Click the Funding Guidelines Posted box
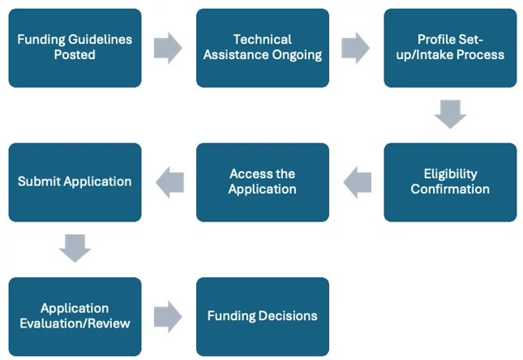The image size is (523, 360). click(x=75, y=48)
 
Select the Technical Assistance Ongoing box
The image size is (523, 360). click(x=263, y=48)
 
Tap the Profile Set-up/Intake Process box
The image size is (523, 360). click(x=450, y=48)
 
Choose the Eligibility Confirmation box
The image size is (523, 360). click(x=450, y=182)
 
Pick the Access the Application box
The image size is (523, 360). click(x=263, y=182)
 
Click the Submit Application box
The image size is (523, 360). click(x=75, y=182)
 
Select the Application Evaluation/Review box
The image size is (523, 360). click(x=75, y=316)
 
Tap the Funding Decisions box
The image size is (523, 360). click(x=263, y=316)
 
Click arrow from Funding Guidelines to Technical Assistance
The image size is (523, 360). click(x=168, y=48)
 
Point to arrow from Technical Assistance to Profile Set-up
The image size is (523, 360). click(x=356, y=48)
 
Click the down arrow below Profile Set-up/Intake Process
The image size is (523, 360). click(x=450, y=114)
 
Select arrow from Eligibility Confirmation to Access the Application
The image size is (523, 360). click(x=356, y=182)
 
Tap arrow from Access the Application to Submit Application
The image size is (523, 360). click(x=169, y=182)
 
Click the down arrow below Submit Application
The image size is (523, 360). click(x=75, y=248)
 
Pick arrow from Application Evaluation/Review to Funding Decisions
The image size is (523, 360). click(x=168, y=316)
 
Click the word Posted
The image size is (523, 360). click(x=75, y=55)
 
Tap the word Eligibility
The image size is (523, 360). click(x=450, y=174)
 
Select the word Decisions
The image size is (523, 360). click(x=289, y=316)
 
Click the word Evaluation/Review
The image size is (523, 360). click(x=75, y=324)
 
